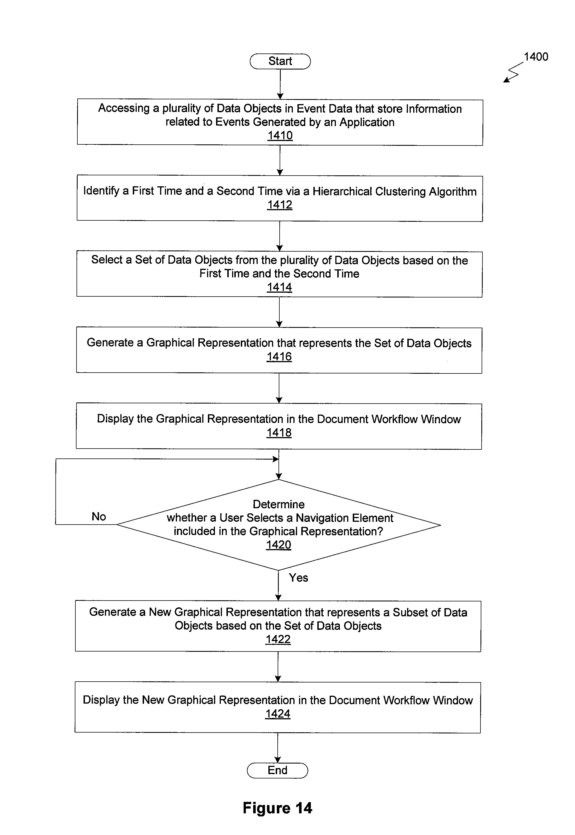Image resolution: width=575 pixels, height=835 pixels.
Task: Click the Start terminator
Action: pyautogui.click(x=280, y=61)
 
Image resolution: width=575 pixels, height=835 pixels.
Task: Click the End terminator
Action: pyautogui.click(x=277, y=770)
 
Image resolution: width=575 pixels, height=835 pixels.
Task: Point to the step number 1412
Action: pyautogui.click(x=280, y=205)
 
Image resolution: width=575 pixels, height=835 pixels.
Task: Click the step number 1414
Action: pyautogui.click(x=279, y=287)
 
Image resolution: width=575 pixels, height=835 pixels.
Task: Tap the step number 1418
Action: pyautogui.click(x=279, y=433)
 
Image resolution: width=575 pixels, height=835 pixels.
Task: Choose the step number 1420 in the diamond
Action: pyautogui.click(x=278, y=545)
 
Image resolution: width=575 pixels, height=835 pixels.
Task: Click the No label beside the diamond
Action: pyautogui.click(x=99, y=516)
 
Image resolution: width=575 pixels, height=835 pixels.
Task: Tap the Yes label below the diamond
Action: pyautogui.click(x=298, y=578)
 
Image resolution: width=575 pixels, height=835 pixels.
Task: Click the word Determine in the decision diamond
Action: pyautogui.click(x=278, y=504)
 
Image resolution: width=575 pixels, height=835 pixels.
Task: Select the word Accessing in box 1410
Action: pyautogui.click(x=124, y=108)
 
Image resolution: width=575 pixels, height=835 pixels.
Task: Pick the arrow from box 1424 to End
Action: pyautogui.click(x=278, y=748)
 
